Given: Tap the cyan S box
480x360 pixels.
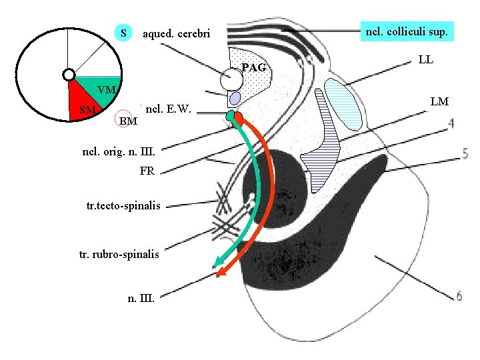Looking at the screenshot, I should click(123, 33).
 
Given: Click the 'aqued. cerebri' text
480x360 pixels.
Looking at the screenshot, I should click(176, 33).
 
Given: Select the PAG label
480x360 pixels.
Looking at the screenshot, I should click(253, 67).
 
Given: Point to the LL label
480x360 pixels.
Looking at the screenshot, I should click(426, 59).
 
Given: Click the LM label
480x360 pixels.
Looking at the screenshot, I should click(439, 101).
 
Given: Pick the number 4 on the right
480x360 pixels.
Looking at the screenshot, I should click(451, 123).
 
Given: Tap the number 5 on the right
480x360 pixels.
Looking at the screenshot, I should click(464, 154).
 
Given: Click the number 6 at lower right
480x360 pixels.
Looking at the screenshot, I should click(459, 295).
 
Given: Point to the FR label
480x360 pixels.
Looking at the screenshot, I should click(147, 171).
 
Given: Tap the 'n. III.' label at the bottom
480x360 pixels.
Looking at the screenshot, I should click(141, 298).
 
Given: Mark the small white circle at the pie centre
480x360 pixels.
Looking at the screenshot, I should click(67, 75).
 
